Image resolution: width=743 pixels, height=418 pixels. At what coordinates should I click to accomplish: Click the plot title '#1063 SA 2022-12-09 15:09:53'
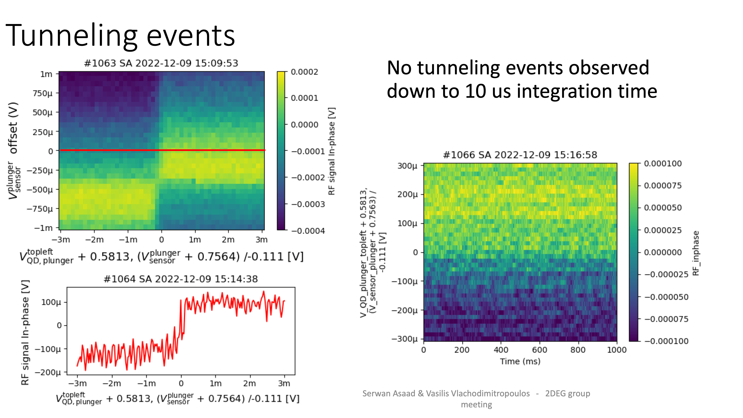(x=161, y=63)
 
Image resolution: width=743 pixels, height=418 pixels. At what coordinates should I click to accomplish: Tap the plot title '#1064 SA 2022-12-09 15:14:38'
(x=181, y=279)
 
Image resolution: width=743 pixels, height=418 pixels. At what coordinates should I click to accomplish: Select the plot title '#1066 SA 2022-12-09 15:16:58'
(x=520, y=155)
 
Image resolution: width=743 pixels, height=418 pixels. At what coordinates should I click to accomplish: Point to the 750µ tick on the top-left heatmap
(x=43, y=93)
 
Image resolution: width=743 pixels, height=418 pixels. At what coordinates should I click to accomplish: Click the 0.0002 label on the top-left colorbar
(x=304, y=72)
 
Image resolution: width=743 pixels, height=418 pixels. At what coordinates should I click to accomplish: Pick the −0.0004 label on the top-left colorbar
(x=308, y=231)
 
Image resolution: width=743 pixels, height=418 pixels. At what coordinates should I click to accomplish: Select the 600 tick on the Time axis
(x=539, y=350)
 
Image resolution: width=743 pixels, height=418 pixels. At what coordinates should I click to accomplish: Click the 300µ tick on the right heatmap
(x=407, y=166)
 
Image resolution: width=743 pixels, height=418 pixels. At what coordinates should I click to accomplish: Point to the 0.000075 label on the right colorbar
(x=663, y=186)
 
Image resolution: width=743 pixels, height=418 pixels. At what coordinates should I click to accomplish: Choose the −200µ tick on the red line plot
(x=48, y=372)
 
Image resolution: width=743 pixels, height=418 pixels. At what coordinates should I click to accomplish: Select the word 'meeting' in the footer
(x=476, y=404)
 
